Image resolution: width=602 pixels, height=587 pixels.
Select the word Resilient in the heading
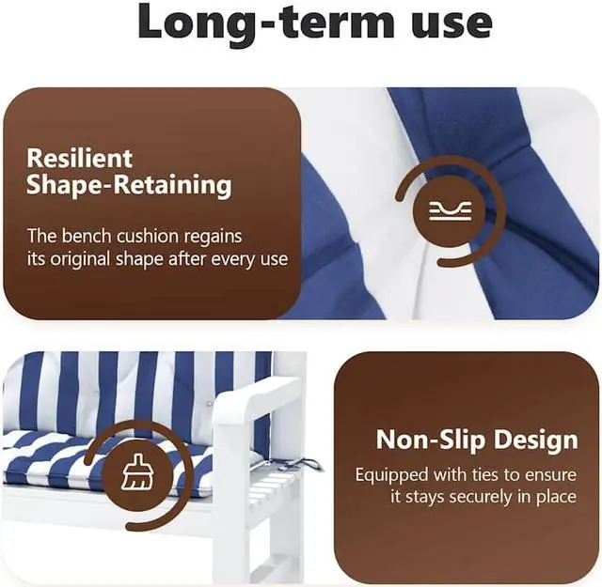pyautogui.click(x=79, y=158)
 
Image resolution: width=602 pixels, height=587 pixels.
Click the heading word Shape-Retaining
pyautogui.click(x=129, y=185)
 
